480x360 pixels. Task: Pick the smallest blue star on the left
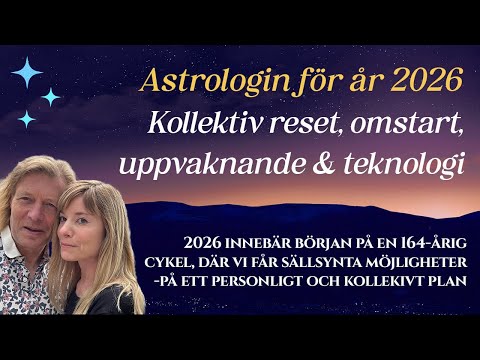coord(27,119)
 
